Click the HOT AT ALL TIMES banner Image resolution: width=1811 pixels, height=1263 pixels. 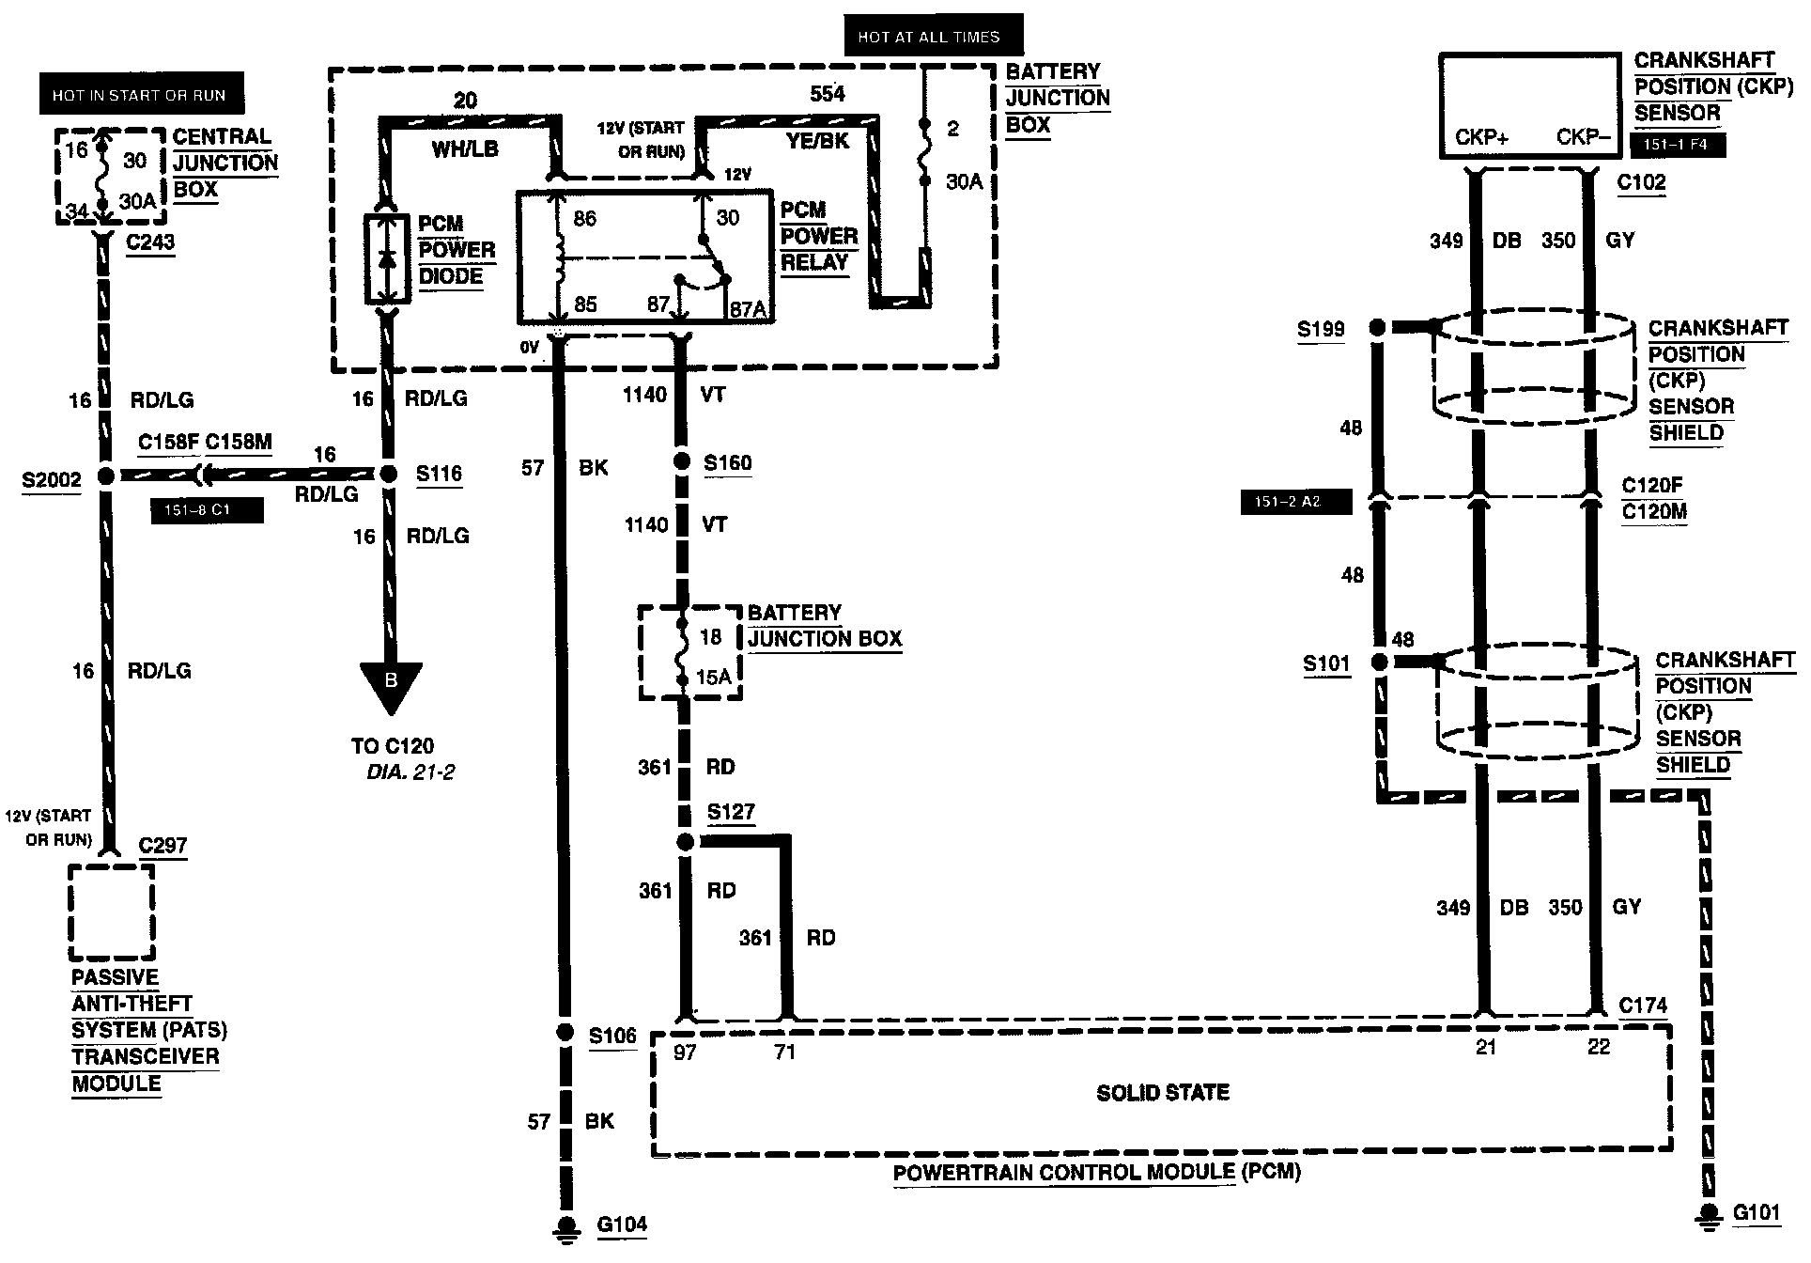pyautogui.click(x=928, y=38)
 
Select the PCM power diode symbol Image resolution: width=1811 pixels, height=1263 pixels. pyautogui.click(x=387, y=259)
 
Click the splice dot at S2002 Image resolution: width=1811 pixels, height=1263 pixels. pyautogui.click(x=106, y=476)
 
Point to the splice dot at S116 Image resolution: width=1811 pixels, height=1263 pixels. pyautogui.click(x=388, y=475)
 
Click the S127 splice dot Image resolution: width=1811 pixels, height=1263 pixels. pyautogui.click(x=686, y=843)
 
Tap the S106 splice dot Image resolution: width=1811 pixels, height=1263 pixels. pyautogui.click(x=564, y=1033)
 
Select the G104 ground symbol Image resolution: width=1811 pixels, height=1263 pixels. pyautogui.click(x=566, y=1226)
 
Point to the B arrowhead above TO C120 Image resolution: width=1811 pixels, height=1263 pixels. pyautogui.click(x=391, y=683)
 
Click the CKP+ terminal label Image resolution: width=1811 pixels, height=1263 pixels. pyautogui.click(x=1481, y=137)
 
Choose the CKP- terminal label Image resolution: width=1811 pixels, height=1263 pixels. pyautogui.click(x=1584, y=137)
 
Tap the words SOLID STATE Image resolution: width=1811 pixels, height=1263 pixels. pyautogui.click(x=1163, y=1093)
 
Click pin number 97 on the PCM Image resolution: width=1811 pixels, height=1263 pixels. pyautogui.click(x=685, y=1052)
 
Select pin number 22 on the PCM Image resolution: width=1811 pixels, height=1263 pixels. pyautogui.click(x=1598, y=1047)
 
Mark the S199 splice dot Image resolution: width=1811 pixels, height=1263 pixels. pyautogui.click(x=1377, y=328)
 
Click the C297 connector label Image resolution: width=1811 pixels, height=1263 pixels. pyautogui.click(x=163, y=845)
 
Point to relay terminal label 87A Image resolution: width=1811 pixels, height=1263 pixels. pyautogui.click(x=749, y=306)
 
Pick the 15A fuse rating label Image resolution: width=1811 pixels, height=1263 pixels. pyautogui.click(x=713, y=677)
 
